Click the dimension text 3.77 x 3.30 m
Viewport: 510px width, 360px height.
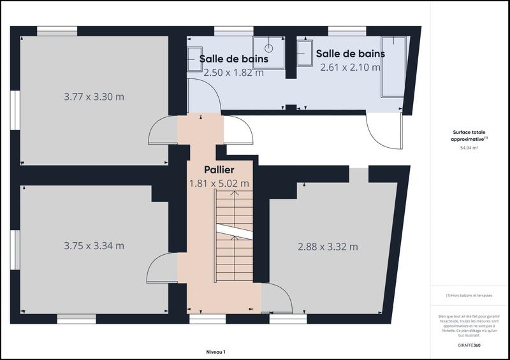tap(94, 97)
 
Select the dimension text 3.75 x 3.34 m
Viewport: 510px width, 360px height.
tap(94, 245)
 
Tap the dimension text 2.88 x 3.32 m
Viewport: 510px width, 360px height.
tap(328, 247)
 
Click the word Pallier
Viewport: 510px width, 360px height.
tap(219, 170)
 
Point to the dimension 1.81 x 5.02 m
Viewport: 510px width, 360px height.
tap(219, 184)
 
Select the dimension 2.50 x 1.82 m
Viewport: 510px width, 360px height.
tap(233, 73)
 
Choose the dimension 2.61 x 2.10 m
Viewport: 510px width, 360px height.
tap(350, 67)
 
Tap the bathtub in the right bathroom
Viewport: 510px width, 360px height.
tap(393, 66)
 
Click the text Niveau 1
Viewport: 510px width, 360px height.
tap(216, 352)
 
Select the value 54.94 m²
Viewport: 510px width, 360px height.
tap(469, 147)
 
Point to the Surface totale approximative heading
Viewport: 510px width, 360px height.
tap(469, 136)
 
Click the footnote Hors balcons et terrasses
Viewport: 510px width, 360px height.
tap(469, 296)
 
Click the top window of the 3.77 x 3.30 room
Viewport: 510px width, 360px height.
tap(57, 30)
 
